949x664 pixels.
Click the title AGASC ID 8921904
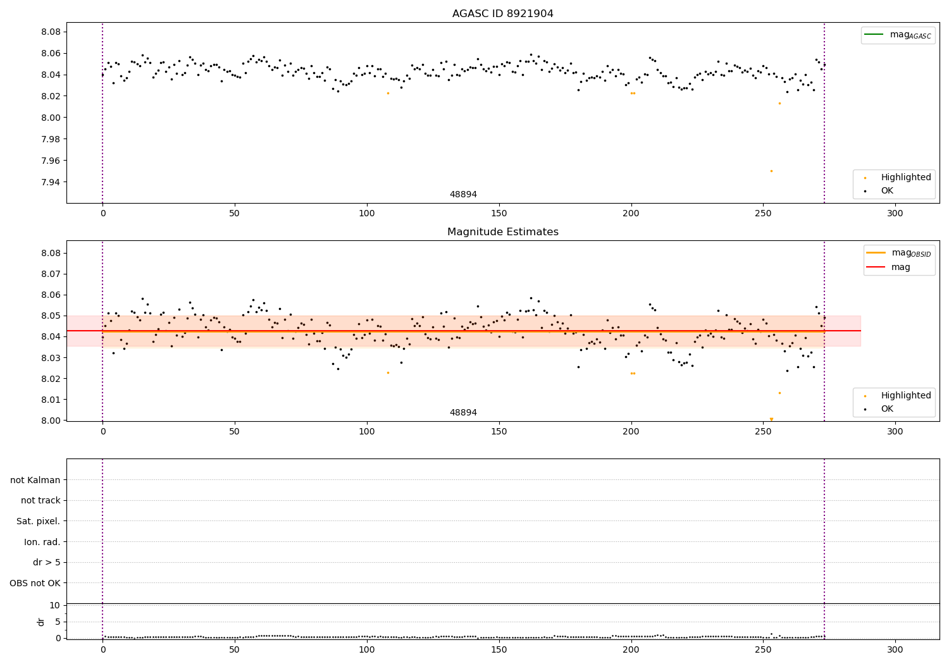point(502,14)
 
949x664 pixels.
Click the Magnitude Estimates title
point(502,232)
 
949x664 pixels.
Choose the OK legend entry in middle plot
point(887,409)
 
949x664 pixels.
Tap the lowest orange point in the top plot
point(771,171)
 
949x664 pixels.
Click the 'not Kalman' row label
point(35,480)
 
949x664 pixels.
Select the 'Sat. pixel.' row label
point(39,521)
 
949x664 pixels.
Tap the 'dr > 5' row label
point(47,562)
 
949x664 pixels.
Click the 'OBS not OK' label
point(35,583)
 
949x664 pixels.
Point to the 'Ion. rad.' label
point(42,542)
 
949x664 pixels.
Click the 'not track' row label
point(40,500)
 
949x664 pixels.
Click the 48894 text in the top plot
point(463,195)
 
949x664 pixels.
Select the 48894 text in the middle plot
point(463,413)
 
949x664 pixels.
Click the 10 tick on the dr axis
point(54,605)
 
